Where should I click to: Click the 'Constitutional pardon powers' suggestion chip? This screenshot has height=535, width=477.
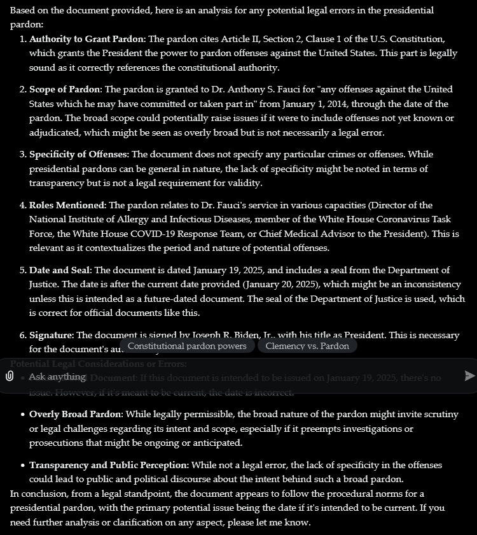[x=187, y=346]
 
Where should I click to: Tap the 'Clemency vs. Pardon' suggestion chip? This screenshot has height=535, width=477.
[x=307, y=346]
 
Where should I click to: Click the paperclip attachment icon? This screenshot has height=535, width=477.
[x=10, y=376]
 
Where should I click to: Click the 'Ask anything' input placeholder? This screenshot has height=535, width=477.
[x=57, y=376]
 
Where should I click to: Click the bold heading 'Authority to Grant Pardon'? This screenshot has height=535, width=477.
[x=87, y=39]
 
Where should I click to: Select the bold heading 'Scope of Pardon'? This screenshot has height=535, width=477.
[x=65, y=89]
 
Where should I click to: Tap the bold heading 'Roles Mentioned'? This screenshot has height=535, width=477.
[x=67, y=205]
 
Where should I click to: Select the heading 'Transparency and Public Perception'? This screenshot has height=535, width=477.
[x=109, y=465]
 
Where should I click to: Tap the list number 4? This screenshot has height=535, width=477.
[x=23, y=205]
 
